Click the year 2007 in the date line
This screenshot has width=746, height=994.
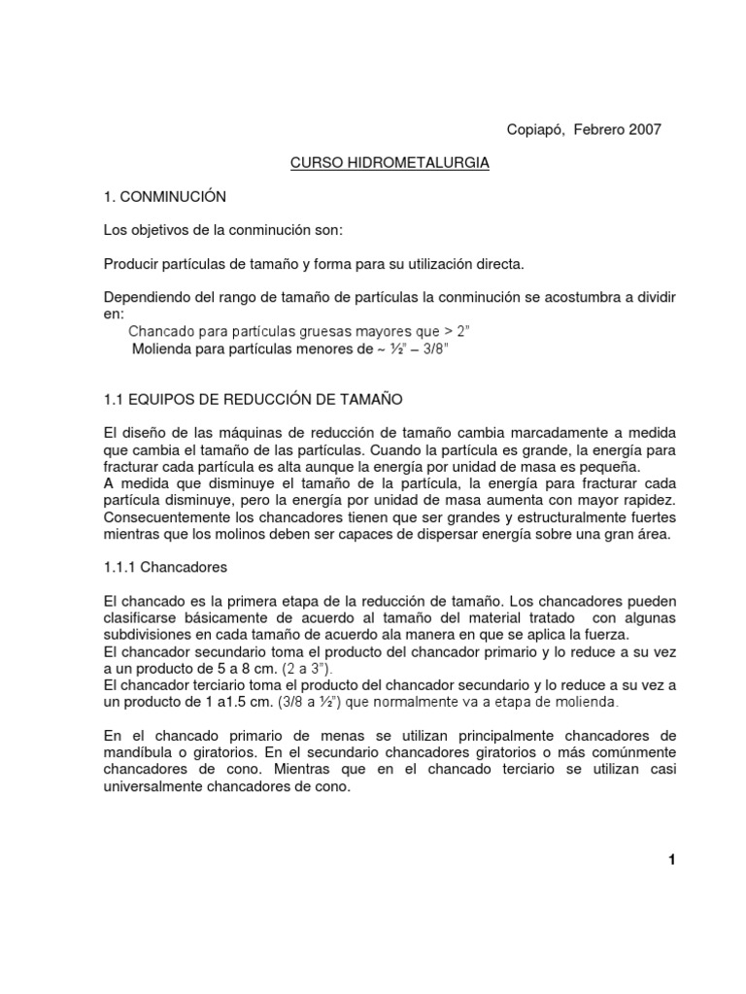[642, 130]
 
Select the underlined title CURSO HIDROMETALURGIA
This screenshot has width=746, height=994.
[390, 163]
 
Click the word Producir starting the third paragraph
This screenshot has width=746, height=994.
[130, 264]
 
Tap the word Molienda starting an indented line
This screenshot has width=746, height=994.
[160, 348]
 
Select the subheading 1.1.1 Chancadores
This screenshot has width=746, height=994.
[165, 565]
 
